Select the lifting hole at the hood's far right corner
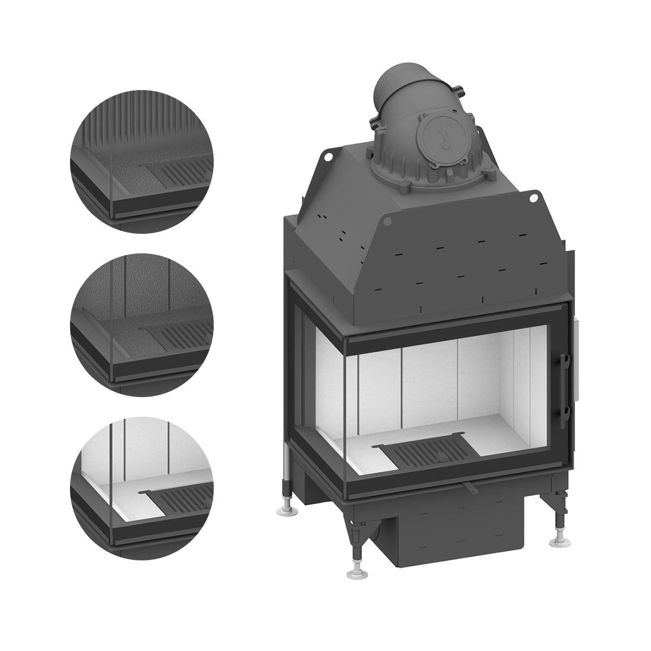(x=533, y=194)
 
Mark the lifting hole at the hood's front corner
(x=387, y=221)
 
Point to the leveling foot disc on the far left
(x=285, y=509)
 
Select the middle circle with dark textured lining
(x=142, y=324)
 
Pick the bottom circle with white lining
(x=142, y=487)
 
